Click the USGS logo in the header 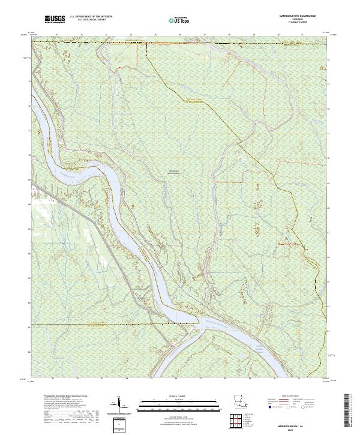tap(55, 20)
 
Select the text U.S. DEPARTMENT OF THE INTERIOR tap(91, 18)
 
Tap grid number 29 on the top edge tap(253, 35)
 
